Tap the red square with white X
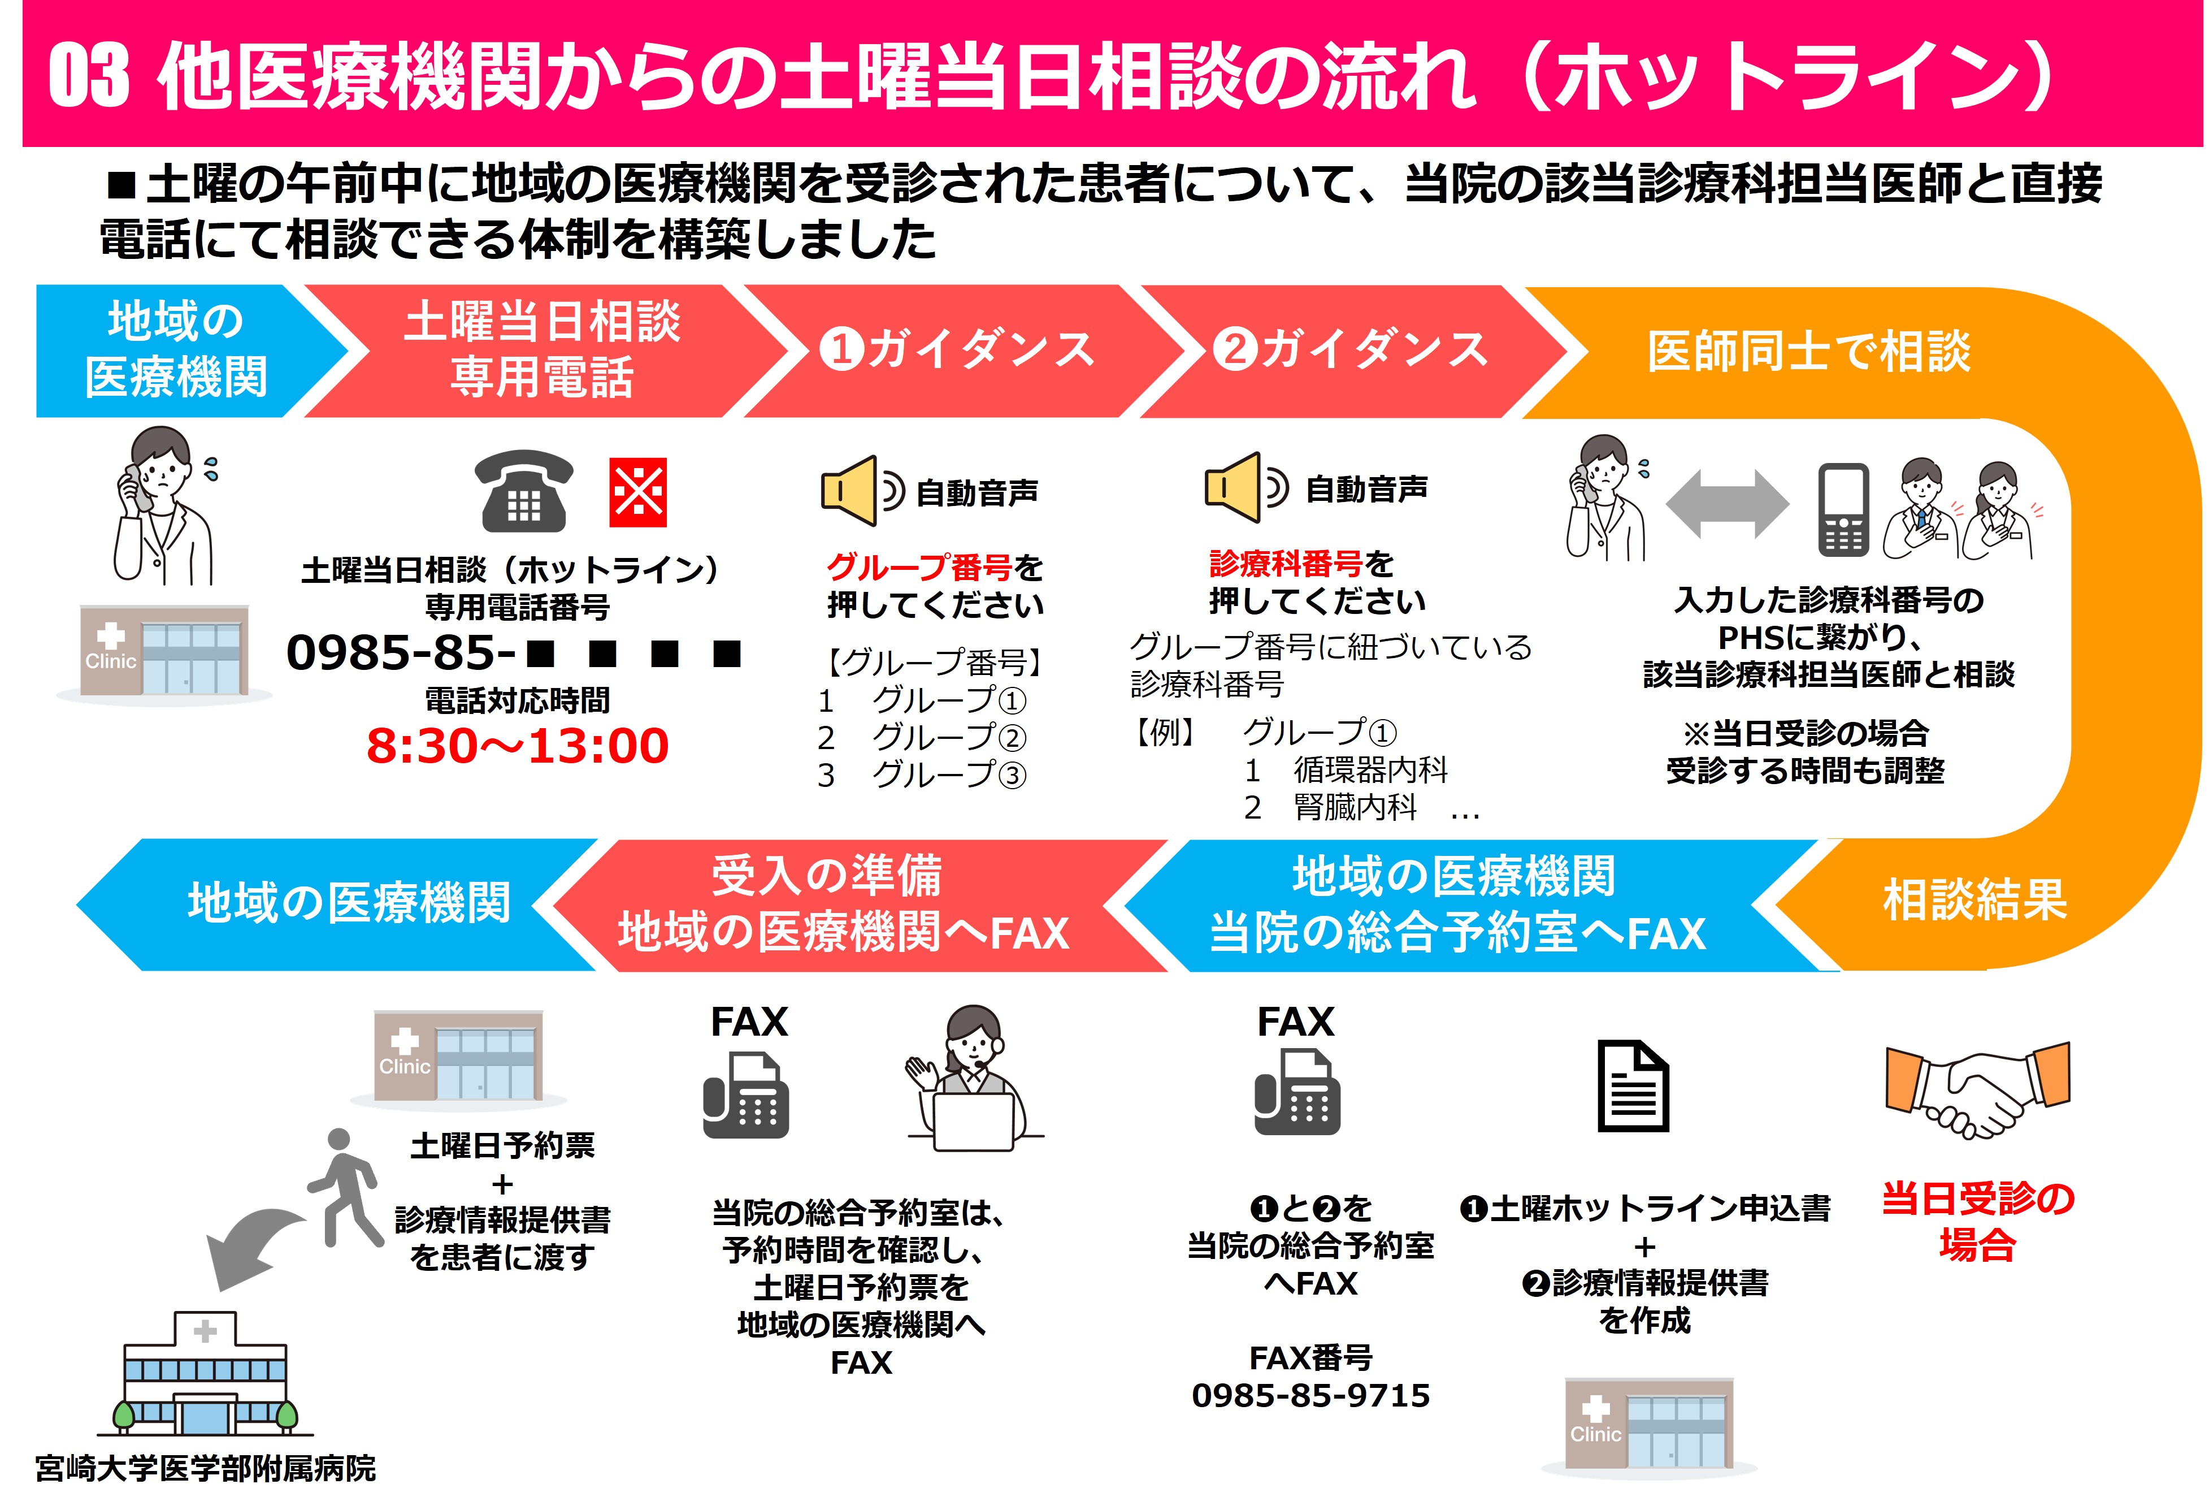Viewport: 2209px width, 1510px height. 638,492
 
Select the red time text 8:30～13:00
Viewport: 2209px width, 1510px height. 518,746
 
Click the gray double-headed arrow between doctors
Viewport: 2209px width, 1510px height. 1726,504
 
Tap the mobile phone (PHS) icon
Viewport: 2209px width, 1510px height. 1843,510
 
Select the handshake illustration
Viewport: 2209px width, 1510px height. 1977,1089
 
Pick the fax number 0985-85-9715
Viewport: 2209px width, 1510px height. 1310,1395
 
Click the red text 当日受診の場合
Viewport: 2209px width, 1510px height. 1978,1221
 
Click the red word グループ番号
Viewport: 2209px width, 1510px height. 919,568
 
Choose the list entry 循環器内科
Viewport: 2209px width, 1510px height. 1370,769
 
